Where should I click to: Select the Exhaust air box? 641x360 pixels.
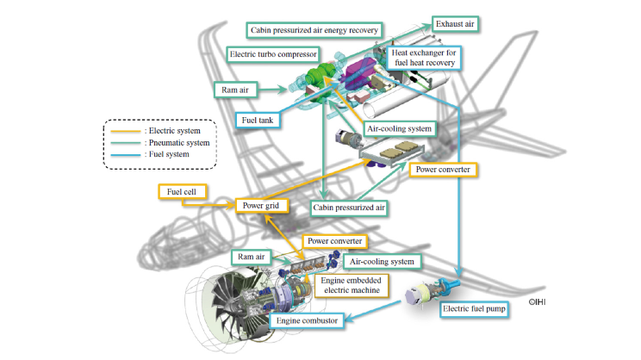pyautogui.click(x=454, y=22)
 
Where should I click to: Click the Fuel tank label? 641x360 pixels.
pyautogui.click(x=257, y=120)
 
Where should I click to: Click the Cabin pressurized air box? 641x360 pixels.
pyautogui.click(x=348, y=207)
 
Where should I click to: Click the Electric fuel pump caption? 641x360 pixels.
pyautogui.click(x=473, y=307)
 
